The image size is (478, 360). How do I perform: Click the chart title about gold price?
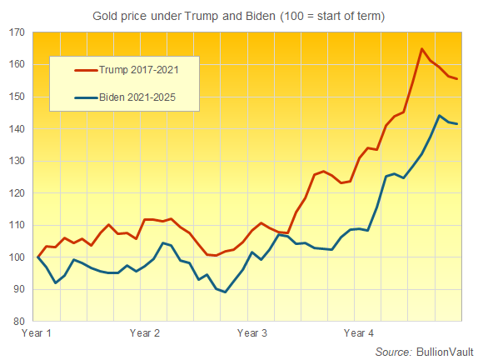click(x=239, y=14)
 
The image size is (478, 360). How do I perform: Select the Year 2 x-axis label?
click(x=145, y=333)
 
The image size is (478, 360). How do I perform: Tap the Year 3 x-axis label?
click(x=252, y=333)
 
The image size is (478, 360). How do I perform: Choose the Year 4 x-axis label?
click(x=359, y=333)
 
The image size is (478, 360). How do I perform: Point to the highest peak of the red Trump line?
click(x=421, y=49)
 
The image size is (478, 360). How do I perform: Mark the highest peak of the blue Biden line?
click(x=440, y=116)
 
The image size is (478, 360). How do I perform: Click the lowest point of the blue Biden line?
click(x=225, y=292)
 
